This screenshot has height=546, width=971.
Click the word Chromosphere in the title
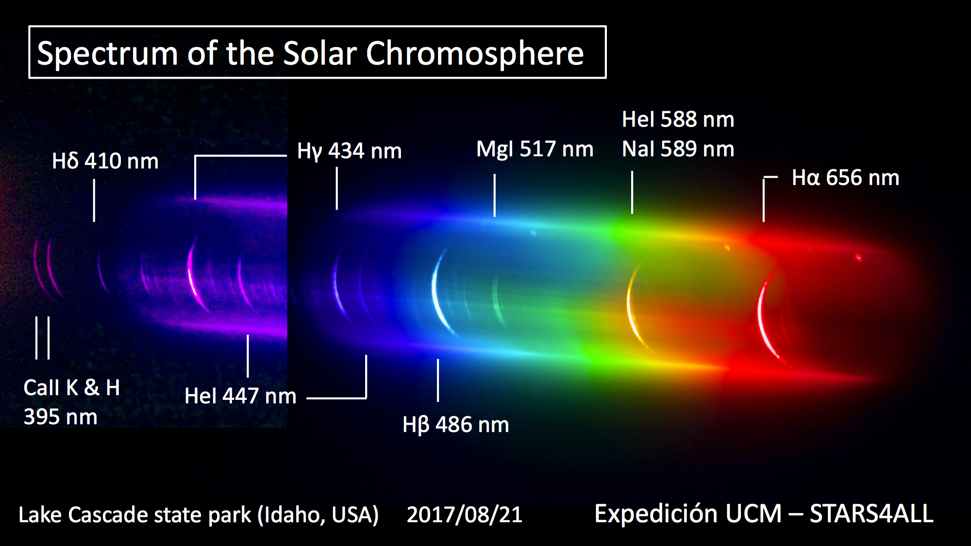(474, 53)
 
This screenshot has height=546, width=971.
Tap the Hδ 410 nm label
(105, 161)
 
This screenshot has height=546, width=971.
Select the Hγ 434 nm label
(350, 151)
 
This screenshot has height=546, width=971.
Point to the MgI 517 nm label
(535, 149)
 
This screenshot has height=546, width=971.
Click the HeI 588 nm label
(678, 119)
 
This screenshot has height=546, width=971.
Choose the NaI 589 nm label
(678, 149)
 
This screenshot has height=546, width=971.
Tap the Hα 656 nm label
(845, 178)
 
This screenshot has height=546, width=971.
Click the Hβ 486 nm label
(456, 425)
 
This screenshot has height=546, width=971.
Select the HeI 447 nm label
(240, 396)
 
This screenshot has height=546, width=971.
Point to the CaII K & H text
(72, 388)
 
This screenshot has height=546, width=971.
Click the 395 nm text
(61, 417)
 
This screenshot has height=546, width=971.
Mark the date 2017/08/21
(465, 514)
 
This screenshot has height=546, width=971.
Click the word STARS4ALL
(871, 514)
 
